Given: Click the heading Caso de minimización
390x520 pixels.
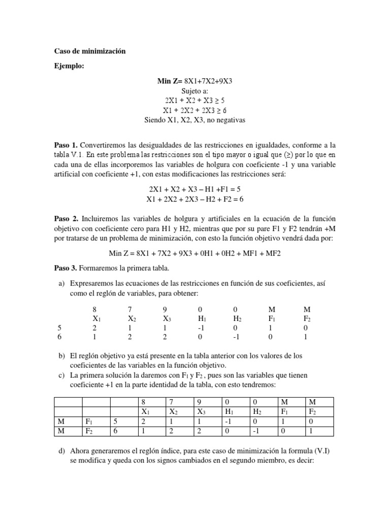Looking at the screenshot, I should pyautogui.click(x=89, y=51).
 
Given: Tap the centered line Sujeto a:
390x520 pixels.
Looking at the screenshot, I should pyautogui.click(x=195, y=90).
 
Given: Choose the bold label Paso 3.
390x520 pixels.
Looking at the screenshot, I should pyautogui.click(x=66, y=268).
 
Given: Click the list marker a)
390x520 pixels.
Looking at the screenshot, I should pyautogui.click(x=58, y=282).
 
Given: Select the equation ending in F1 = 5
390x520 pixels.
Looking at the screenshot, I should pyautogui.click(x=195, y=188).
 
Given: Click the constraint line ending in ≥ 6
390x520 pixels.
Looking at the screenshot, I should pyautogui.click(x=195, y=110).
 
